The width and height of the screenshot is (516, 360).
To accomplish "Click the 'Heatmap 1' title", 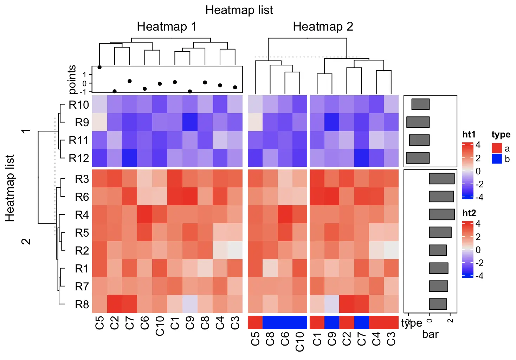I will click(x=167, y=27).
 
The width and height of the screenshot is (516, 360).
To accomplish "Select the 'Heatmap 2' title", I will click(x=323, y=27).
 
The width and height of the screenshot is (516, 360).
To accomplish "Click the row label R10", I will click(x=79, y=105).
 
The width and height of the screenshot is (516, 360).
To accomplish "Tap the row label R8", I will click(x=82, y=304).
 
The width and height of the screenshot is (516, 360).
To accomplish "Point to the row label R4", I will click(x=82, y=214).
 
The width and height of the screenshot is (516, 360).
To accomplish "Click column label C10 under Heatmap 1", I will click(x=160, y=326).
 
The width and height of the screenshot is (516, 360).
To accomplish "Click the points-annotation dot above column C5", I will click(x=99, y=67).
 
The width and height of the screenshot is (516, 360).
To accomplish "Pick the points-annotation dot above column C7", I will click(x=130, y=81).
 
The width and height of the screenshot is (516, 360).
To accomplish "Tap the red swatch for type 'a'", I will click(x=497, y=148).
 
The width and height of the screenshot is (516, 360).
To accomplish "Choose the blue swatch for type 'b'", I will click(x=497, y=159).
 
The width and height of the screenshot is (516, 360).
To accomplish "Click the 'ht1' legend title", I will click(x=469, y=135).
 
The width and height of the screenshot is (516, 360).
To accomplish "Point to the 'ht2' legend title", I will click(x=469, y=213).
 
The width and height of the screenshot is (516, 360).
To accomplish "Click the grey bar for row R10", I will click(x=420, y=104).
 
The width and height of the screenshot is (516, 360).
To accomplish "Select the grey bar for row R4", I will click(x=442, y=214).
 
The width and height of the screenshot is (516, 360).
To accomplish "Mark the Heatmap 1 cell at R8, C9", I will click(x=190, y=304).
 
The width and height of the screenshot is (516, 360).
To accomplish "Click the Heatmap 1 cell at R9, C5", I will click(x=99, y=122).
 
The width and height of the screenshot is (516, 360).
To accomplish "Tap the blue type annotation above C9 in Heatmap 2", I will click(x=332, y=322).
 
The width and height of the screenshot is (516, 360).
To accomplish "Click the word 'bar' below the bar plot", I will click(x=430, y=334).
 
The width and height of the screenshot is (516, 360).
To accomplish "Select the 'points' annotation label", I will click(x=72, y=79).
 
